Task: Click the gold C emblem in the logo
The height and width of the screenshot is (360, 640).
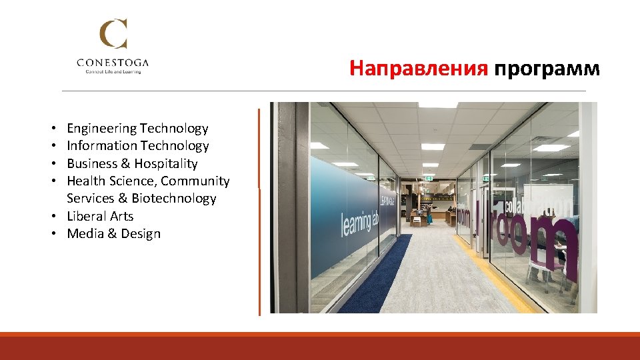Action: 113,35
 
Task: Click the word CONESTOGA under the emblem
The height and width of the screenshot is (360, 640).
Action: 113,63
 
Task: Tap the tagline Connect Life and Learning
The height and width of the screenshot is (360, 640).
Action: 113,71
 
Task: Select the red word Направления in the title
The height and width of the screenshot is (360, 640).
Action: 419,68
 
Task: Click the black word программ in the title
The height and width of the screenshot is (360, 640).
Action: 547,68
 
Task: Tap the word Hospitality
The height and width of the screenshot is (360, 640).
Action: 166,164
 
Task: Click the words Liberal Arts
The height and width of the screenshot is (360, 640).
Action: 100,217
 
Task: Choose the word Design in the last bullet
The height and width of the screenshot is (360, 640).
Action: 141,234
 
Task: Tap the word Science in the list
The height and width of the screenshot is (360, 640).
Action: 132,181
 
